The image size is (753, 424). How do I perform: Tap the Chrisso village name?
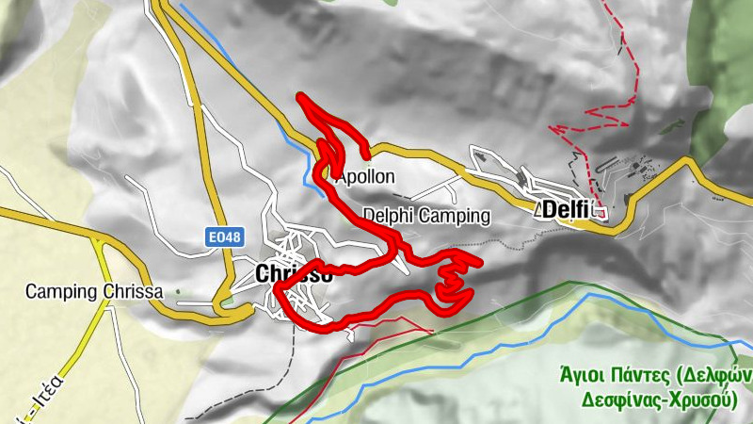pyautogui.click(x=293, y=274)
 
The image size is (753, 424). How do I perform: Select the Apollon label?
pyautogui.click(x=365, y=176)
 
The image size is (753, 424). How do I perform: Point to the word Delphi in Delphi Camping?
pyautogui.click(x=389, y=216)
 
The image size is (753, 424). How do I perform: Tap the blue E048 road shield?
pyautogui.click(x=220, y=240)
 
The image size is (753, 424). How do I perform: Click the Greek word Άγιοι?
pyautogui.click(x=584, y=375)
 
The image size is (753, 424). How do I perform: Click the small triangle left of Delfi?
pyautogui.click(x=537, y=212)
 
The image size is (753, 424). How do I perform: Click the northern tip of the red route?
pyautogui.click(x=300, y=96)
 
